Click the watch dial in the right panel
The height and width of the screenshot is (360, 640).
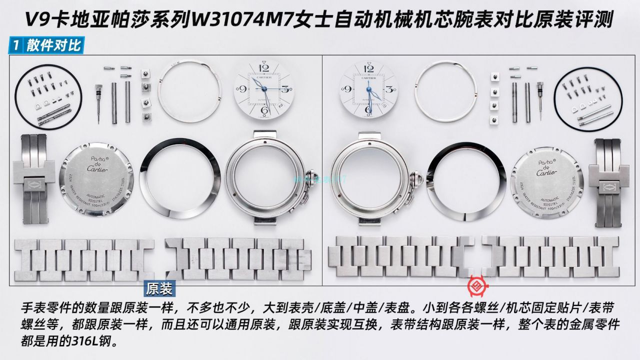(369, 89)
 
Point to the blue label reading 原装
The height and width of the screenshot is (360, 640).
(159, 289)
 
